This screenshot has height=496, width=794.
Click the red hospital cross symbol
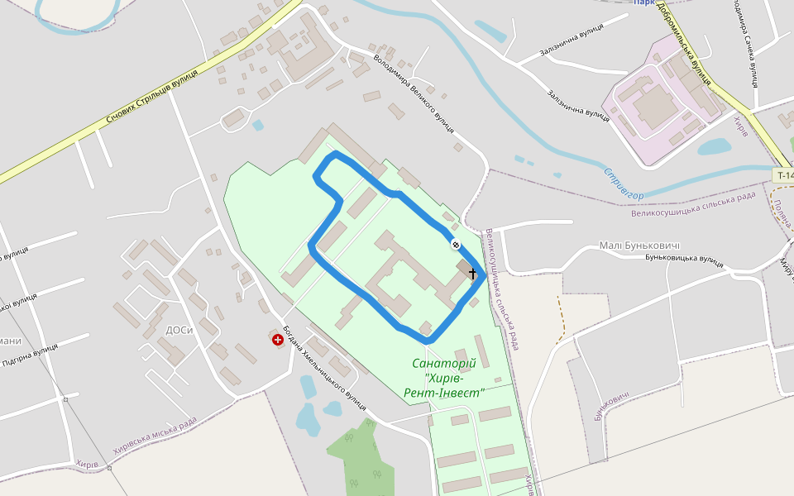pos(277,339)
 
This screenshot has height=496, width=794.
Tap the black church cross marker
pos(473,273)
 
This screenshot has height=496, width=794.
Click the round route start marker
pos(456,244)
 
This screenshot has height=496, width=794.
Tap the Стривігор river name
pos(623,184)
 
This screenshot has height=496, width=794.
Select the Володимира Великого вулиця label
pos(414,93)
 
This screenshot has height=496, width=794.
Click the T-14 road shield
pos(784,175)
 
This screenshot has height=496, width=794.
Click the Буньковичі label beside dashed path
pos(611,404)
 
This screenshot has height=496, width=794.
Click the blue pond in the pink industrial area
pos(714,147)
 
